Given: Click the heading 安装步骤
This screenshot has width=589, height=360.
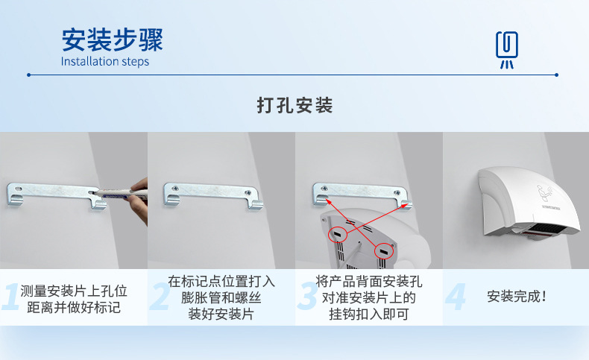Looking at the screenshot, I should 112,39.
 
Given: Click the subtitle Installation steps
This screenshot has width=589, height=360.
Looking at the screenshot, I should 105,62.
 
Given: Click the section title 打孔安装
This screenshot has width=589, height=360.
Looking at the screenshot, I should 294,105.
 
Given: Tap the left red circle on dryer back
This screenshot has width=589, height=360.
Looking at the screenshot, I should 338,235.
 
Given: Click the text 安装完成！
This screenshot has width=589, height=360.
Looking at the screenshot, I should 517,297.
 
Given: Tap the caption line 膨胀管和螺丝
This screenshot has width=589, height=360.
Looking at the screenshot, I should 221,298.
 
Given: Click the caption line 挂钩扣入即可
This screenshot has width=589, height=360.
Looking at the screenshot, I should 368,315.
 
